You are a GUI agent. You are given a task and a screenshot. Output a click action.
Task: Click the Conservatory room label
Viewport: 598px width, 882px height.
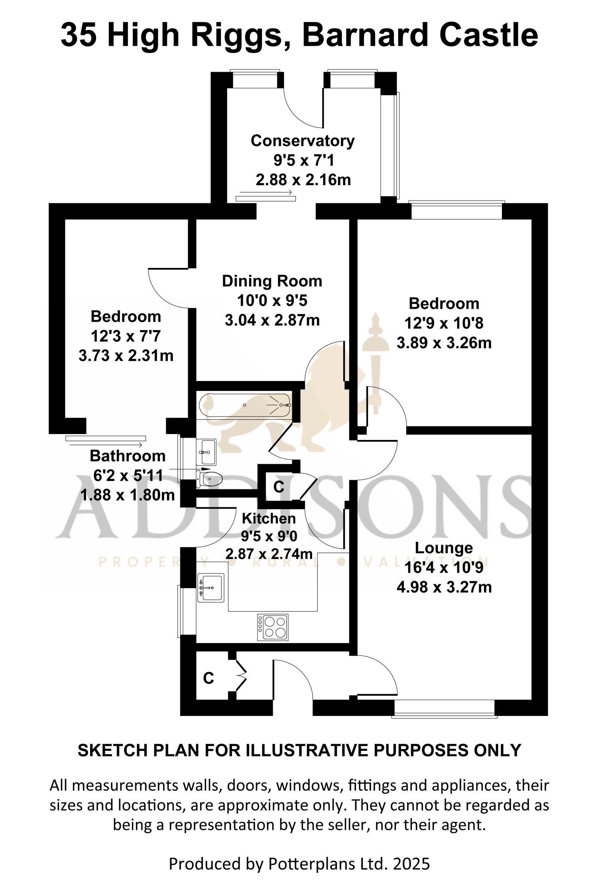tap(303, 141)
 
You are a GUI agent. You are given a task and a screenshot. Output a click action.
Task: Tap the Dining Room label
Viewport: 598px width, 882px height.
tap(272, 281)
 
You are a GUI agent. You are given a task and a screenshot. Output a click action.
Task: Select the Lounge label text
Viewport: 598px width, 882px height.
tap(444, 548)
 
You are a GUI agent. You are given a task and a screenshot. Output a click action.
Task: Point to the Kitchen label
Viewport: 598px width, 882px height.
tap(269, 518)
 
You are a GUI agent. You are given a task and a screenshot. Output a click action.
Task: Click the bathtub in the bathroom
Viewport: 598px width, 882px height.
tap(245, 405)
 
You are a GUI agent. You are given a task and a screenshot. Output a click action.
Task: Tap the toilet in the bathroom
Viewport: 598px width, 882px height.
tap(209, 479)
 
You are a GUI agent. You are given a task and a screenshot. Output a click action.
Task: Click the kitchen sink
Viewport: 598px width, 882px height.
tap(211, 588)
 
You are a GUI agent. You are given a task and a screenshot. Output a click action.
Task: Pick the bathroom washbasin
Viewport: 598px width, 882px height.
tap(206, 452)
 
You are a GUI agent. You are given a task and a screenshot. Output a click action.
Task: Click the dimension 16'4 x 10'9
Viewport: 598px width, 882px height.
tap(444, 568)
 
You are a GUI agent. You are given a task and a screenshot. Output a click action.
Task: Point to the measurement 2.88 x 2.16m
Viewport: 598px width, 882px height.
tap(303, 180)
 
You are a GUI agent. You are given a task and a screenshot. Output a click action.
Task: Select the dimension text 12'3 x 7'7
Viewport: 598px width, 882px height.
tap(126, 336)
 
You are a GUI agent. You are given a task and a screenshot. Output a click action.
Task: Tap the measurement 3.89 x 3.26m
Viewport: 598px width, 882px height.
tap(444, 343)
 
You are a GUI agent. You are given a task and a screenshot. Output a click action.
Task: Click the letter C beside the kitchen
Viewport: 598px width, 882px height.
tap(279, 487)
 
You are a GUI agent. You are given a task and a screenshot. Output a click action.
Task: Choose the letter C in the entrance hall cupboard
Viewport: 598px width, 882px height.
tap(209, 678)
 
